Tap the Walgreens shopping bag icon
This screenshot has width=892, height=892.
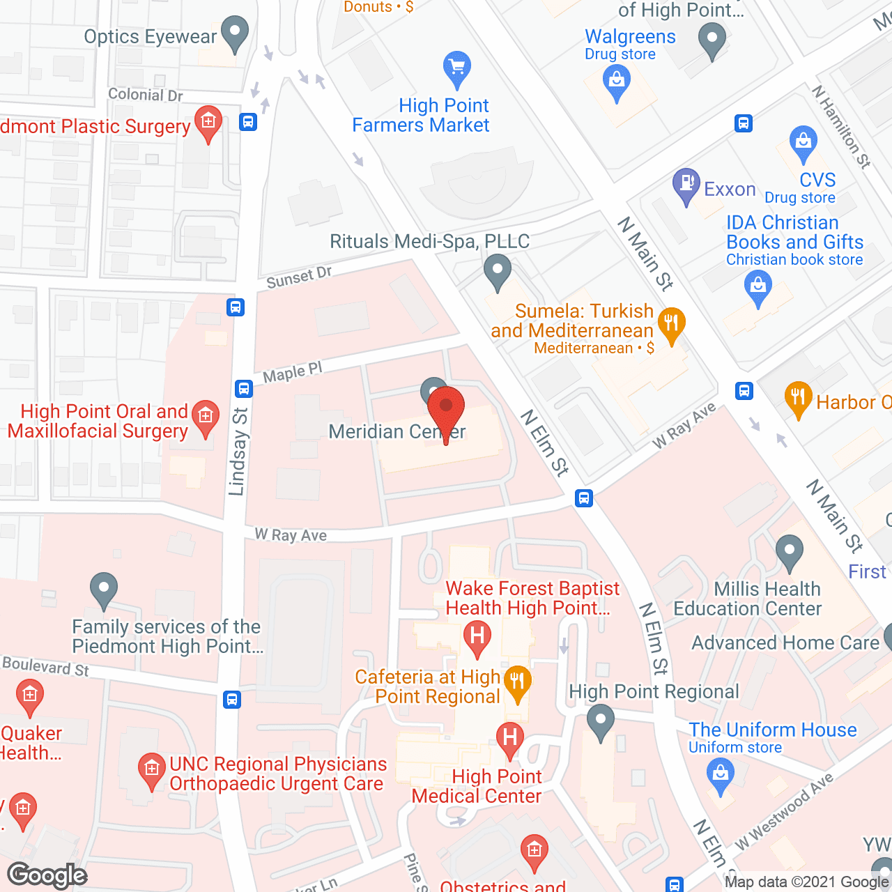click(x=617, y=81)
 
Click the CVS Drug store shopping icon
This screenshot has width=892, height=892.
click(x=803, y=141)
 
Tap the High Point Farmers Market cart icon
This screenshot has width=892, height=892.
click(x=457, y=68)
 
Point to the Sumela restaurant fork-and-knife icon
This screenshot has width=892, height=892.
click(x=671, y=323)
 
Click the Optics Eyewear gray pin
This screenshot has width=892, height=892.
click(x=235, y=32)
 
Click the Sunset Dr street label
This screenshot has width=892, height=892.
click(x=299, y=277)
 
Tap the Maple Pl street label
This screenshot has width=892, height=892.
click(x=293, y=374)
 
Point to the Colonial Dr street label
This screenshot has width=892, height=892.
click(x=145, y=95)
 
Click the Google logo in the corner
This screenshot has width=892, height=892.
click(x=47, y=875)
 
